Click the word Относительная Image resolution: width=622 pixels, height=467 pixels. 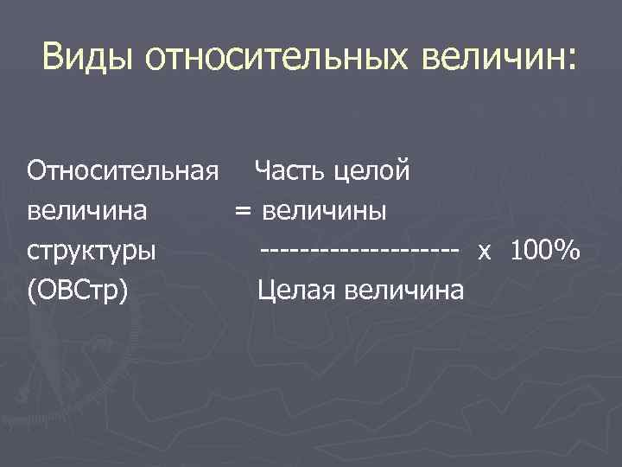[x=121, y=170]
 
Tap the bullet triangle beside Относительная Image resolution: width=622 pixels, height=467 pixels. [x=15, y=171]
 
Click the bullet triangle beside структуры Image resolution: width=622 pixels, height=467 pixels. [x=15, y=251]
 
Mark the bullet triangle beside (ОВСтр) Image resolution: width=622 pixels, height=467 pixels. [x=15, y=291]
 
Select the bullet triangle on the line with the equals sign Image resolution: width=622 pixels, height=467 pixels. [x=15, y=211]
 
